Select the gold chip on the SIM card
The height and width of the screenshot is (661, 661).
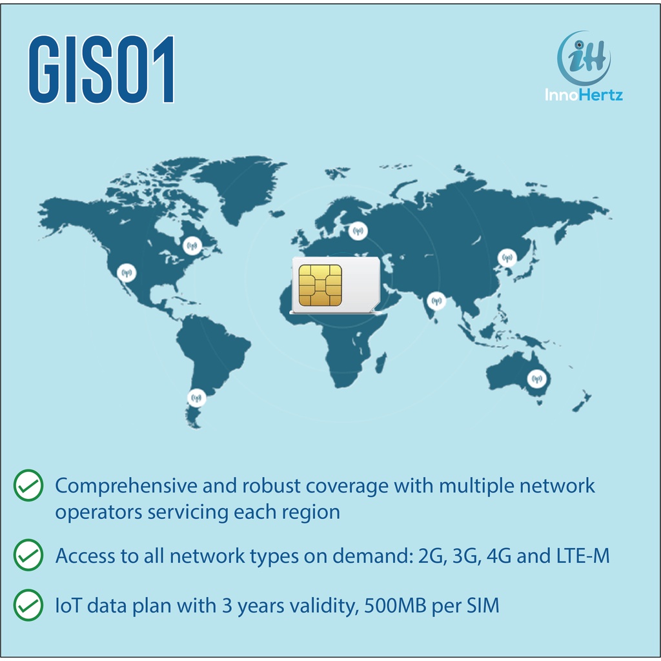(320, 284)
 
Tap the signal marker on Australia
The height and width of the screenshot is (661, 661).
(536, 379)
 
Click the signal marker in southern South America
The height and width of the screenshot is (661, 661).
(197, 398)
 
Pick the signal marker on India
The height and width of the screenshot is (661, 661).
(437, 300)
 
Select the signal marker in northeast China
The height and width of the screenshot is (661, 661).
(507, 258)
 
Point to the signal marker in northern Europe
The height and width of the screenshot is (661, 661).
(357, 230)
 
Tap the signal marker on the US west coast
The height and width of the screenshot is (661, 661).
(127, 273)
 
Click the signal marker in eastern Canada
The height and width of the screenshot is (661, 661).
(192, 245)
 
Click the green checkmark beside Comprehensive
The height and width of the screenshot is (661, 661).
(28, 485)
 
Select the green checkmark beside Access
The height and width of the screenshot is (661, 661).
(28, 555)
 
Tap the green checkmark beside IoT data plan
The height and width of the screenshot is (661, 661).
(28, 606)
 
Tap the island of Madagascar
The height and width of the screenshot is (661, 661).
(381, 361)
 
